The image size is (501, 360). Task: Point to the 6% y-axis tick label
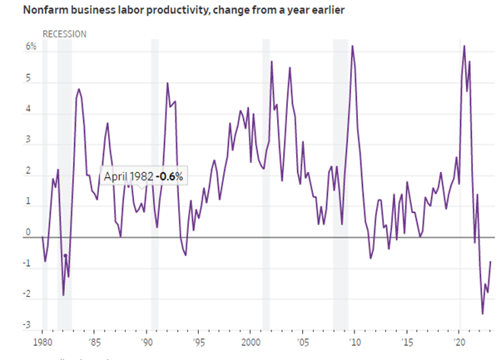[x=30, y=47]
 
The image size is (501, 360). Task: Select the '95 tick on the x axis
[x=198, y=342]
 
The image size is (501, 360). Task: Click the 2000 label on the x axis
[x=250, y=342]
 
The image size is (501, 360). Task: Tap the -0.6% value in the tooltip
[x=169, y=176]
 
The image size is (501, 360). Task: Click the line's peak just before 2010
[x=353, y=47]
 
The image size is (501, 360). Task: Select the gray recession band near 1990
[x=154, y=183]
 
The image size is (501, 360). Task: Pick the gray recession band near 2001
[x=266, y=183]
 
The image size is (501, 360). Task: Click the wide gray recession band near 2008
[x=340, y=183]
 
